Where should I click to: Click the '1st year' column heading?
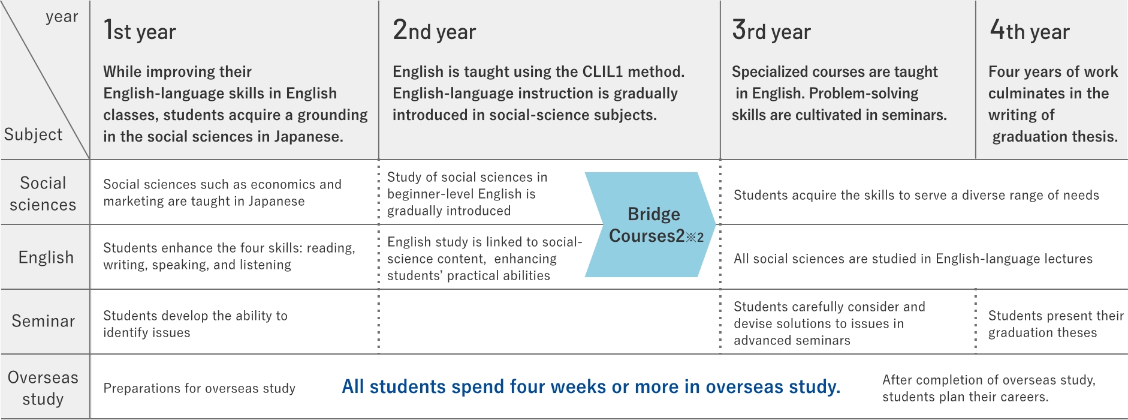(140, 30)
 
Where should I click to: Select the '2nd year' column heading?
(434, 30)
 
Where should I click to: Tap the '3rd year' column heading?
(771, 30)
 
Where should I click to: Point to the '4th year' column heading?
(1029, 30)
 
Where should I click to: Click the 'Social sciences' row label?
(43, 194)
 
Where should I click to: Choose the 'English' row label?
(46, 257)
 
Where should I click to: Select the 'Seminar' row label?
(43, 321)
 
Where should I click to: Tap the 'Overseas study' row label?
(43, 388)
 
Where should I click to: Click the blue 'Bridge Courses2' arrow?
(650, 225)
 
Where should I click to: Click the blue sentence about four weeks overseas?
(591, 387)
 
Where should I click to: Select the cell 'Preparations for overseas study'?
(199, 388)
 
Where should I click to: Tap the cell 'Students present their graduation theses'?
(1055, 324)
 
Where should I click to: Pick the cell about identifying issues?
(195, 324)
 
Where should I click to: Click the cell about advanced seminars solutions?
(830, 323)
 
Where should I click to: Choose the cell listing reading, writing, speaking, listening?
(229, 256)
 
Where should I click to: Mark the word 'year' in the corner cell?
(62, 17)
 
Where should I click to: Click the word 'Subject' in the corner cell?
(33, 134)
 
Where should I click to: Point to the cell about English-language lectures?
(913, 259)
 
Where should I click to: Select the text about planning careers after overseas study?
(989, 388)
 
